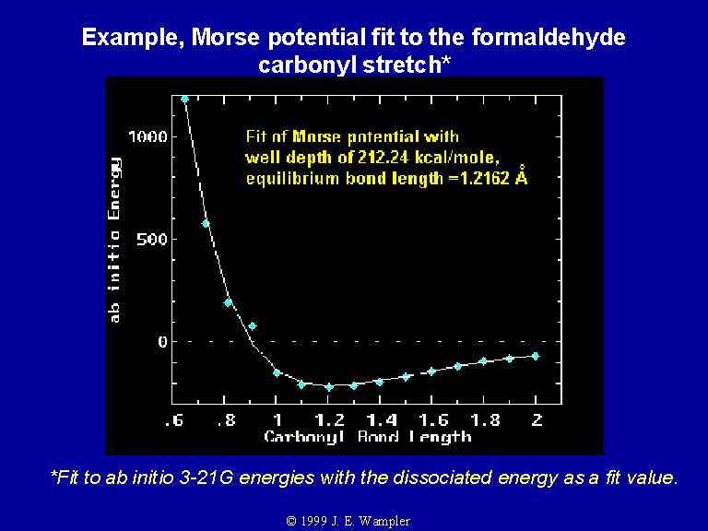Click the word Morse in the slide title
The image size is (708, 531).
click(x=225, y=37)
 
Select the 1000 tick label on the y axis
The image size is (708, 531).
click(x=147, y=136)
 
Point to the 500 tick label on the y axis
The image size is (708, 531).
click(x=152, y=239)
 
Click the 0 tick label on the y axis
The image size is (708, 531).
click(x=162, y=341)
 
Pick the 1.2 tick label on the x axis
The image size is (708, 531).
click(x=330, y=420)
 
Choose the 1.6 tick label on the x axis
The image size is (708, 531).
click(x=433, y=420)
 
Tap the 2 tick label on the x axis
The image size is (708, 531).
click(x=537, y=420)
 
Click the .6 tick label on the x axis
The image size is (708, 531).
click(x=174, y=420)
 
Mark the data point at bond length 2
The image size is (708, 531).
click(x=536, y=356)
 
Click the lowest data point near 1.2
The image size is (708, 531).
click(x=329, y=387)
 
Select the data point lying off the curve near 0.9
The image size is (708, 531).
click(x=253, y=326)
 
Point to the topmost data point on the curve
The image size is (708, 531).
click(x=184, y=99)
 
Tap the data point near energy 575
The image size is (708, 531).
click(x=206, y=223)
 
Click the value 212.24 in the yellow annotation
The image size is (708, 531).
click(x=383, y=157)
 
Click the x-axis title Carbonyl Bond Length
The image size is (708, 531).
click(x=368, y=437)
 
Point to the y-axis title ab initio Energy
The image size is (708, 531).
click(x=114, y=241)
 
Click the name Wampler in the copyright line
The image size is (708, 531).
click(x=384, y=521)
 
